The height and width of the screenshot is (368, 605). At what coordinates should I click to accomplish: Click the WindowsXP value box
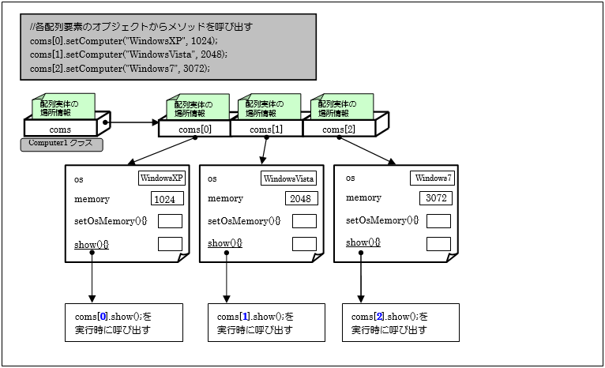(x=160, y=178)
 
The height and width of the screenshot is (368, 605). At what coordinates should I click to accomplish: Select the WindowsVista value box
(x=288, y=178)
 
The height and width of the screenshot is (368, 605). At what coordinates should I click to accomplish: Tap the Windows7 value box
(x=431, y=178)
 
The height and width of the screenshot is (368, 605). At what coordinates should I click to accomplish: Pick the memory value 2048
(x=302, y=199)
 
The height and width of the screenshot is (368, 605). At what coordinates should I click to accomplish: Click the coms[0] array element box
(x=194, y=130)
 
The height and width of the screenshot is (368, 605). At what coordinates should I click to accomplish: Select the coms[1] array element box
(x=266, y=130)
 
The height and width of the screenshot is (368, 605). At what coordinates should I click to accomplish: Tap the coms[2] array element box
(x=340, y=130)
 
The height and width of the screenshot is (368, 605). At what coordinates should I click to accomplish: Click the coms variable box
(x=61, y=130)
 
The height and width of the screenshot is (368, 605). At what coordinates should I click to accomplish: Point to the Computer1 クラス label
(x=61, y=145)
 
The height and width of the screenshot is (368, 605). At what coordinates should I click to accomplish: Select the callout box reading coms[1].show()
(x=266, y=323)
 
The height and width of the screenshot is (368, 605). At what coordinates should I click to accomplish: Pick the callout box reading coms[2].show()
(x=400, y=323)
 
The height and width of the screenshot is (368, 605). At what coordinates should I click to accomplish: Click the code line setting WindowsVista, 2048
(x=128, y=54)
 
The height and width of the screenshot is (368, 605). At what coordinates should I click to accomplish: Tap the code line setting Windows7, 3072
(x=119, y=69)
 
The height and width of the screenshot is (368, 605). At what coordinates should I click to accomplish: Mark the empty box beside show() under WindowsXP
(x=170, y=243)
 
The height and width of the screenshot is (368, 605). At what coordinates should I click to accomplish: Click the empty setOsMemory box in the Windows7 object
(x=438, y=221)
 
